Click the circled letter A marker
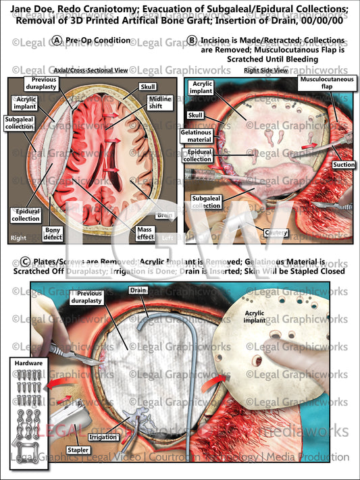pyautogui.click(x=56, y=41)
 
